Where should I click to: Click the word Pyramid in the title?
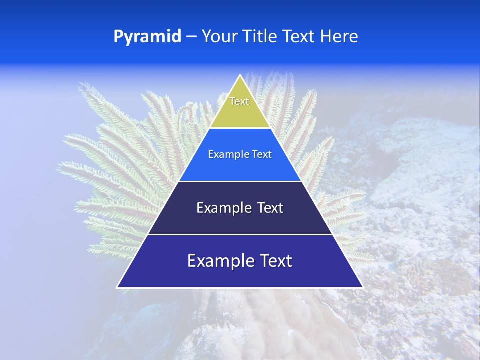pos(147,36)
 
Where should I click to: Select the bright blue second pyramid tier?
pos(240,167)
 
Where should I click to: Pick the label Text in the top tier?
pos(239,101)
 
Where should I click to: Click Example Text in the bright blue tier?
pos(240,154)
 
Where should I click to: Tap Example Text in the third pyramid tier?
pos(240,208)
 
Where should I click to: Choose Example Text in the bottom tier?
pos(240,261)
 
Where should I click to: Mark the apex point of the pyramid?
pos(240,75)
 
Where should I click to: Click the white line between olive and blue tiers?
pos(240,128)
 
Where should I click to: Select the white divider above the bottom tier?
pos(240,234)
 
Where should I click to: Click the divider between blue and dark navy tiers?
pos(240,181)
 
